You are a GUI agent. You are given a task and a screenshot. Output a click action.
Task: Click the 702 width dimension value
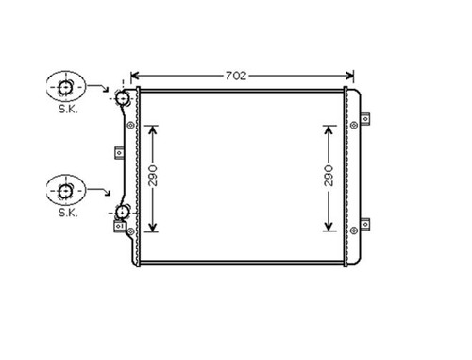point(236,76)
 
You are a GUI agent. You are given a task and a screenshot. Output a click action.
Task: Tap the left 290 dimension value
point(153,176)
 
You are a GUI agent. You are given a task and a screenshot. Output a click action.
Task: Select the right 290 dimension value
point(329,176)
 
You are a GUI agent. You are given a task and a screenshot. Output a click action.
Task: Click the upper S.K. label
point(68,110)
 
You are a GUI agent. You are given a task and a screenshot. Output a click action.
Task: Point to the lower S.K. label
point(68,213)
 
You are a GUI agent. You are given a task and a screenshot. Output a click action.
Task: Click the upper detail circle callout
point(66,86)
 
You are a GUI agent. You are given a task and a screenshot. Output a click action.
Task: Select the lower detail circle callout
point(66,190)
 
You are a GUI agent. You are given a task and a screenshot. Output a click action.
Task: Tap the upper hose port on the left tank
point(122,98)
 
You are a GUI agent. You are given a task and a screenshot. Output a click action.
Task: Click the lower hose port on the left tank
point(122,213)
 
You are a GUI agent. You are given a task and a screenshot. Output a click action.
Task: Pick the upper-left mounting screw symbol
point(130,126)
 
